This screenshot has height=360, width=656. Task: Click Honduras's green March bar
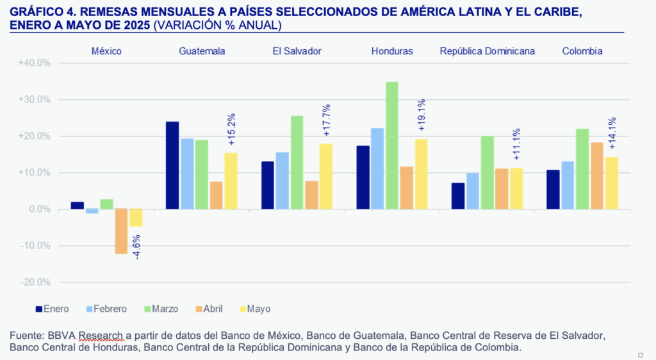392,145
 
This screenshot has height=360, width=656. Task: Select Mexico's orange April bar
121,231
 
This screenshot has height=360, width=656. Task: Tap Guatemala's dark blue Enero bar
172,165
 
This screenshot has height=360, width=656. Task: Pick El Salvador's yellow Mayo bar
326,176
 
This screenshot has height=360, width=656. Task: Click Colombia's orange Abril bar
596,176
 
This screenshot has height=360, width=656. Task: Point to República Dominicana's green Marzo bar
487,172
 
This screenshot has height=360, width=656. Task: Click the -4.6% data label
136,247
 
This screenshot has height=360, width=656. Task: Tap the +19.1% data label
422,114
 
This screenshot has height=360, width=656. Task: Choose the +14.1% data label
612,133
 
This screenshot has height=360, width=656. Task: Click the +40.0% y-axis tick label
35,63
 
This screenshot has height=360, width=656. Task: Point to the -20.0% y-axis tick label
35,282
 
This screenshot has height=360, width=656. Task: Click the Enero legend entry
52,309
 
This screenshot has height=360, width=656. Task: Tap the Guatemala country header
201,51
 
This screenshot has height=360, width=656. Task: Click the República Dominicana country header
487,51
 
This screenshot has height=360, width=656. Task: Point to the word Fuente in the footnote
26,336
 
